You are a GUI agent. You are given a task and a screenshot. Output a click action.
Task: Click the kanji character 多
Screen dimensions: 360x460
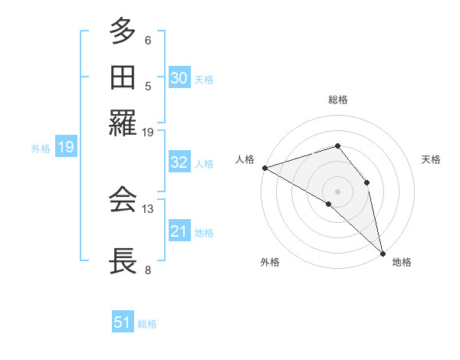[123, 33]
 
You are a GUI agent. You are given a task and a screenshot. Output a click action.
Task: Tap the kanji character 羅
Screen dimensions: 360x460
[123, 121]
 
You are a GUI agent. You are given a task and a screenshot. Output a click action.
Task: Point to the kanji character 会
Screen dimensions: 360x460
[123, 200]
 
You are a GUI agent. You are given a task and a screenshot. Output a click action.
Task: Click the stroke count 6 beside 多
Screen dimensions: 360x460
[148, 41]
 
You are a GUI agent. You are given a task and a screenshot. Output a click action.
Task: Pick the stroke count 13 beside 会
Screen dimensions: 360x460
[148, 208]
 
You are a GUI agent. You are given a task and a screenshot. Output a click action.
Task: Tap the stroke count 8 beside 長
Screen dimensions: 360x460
[148, 270]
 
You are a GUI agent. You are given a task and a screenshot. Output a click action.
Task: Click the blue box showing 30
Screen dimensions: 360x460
[179, 78]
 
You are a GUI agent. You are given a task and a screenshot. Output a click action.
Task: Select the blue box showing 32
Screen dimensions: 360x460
[179, 162]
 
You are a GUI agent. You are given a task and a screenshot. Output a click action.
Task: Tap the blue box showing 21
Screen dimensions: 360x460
[179, 231]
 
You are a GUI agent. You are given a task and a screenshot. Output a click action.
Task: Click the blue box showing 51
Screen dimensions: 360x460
[123, 322]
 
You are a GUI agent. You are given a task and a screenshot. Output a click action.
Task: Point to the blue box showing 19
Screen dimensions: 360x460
[65, 148]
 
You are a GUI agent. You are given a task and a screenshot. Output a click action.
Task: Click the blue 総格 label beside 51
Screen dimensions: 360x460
[147, 324]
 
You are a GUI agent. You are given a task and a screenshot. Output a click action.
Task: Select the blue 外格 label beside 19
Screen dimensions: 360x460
[41, 149]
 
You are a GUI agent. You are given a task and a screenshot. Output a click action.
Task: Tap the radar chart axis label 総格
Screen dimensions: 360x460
[337, 100]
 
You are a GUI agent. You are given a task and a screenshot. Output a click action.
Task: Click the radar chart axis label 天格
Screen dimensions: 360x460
[431, 159]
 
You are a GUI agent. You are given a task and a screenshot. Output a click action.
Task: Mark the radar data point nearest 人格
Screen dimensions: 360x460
[264, 168]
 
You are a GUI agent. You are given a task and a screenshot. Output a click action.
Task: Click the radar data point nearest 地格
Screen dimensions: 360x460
[383, 251]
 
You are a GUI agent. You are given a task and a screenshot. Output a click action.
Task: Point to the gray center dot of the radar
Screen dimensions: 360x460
[337, 190]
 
